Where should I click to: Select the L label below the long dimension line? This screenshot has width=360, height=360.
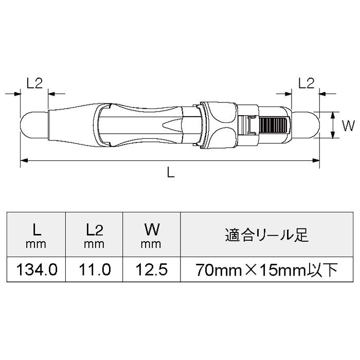pos(171,173)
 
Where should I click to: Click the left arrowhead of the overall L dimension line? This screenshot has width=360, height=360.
pos(24,161)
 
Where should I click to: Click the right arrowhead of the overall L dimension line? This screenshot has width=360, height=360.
pos(317,161)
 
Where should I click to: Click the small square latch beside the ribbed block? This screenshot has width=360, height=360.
pos(250,125)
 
